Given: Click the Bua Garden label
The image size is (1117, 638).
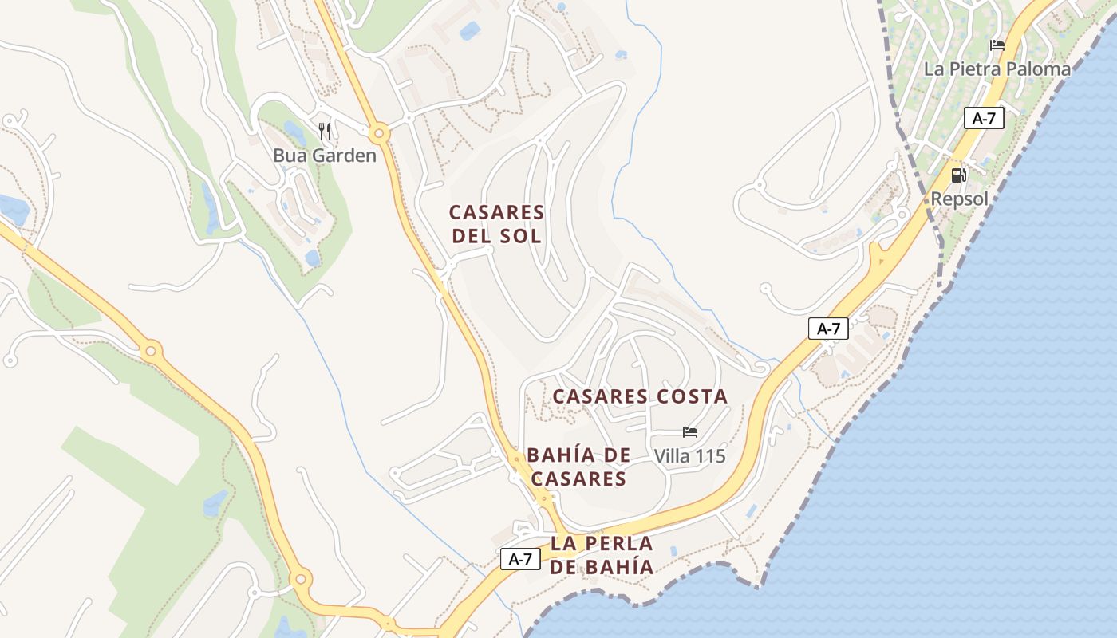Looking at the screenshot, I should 324,156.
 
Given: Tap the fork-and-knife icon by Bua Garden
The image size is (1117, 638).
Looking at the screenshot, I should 324,132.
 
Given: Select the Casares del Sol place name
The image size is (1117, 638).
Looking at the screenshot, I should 496,224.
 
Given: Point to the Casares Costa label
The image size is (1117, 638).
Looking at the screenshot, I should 640,396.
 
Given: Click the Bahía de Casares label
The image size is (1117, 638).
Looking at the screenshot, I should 578,467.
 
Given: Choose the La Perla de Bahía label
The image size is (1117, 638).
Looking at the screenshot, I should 601,555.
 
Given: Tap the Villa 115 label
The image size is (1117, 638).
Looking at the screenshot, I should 689,456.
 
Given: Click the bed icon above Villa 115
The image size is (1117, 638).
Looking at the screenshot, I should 690,432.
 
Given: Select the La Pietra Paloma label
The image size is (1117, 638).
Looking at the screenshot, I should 997,69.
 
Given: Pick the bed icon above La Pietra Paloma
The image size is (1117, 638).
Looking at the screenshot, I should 997,45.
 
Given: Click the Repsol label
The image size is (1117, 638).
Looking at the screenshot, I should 959,199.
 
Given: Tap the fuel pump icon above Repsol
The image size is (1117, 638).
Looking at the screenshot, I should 958,175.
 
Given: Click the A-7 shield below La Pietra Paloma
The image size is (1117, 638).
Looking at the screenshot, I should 984,119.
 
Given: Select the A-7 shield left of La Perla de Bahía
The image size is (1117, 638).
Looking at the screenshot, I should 520,559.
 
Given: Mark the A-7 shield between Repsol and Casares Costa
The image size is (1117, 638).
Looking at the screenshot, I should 828,328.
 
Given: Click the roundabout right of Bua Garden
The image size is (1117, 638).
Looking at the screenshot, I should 378,132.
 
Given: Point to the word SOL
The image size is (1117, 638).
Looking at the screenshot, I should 522,236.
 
